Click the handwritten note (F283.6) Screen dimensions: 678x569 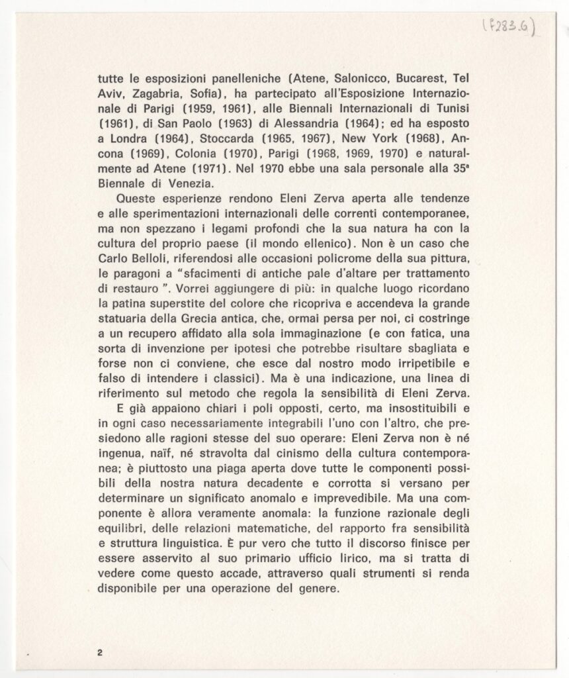pyautogui.click(x=510, y=27)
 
